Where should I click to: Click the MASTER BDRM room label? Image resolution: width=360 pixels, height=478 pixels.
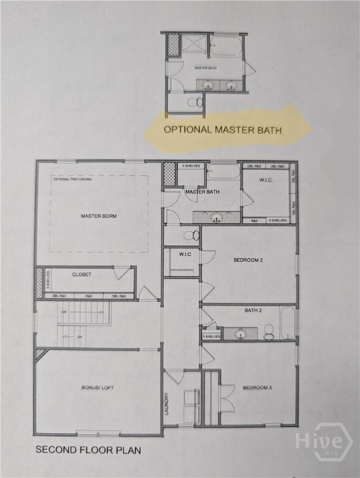tap(99, 216)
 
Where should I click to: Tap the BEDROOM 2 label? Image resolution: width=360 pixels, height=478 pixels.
tap(248, 260)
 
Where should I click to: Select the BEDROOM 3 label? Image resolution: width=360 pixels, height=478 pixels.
tap(256, 388)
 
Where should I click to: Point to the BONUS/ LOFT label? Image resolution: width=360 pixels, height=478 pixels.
tap(98, 388)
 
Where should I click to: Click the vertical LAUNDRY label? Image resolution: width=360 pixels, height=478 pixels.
tap(167, 403)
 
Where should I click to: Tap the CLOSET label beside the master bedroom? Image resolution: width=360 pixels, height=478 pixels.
tap(82, 274)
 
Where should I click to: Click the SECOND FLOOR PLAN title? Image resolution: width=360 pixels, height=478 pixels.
tap(88, 449)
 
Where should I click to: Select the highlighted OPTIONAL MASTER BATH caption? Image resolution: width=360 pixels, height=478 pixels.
tap(222, 130)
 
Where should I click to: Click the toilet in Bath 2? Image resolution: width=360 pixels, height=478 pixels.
tap(268, 332)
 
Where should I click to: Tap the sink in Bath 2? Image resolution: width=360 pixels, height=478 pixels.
tap(240, 334)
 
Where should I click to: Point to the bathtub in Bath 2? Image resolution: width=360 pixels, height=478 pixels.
tap(288, 322)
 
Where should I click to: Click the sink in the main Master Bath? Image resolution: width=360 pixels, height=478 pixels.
tap(217, 217)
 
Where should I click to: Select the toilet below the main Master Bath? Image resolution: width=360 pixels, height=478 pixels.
tap(191, 235)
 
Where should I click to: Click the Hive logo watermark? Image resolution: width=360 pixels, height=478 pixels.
tap(324, 442)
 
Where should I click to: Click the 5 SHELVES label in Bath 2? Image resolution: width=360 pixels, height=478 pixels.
tap(212, 336)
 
